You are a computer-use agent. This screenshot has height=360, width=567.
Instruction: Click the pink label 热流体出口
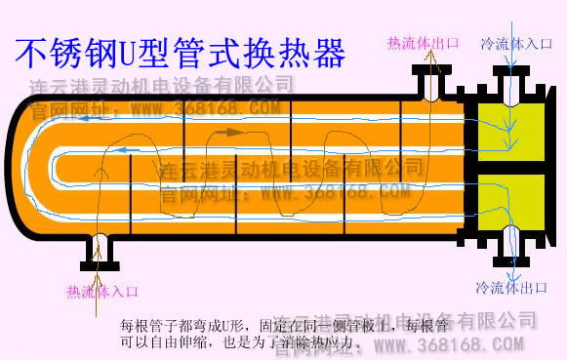423,43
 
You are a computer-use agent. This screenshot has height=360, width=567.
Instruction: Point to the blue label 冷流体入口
518,44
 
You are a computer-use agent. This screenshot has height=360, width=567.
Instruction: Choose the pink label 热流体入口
101,291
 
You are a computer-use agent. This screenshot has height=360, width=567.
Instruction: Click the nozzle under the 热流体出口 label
429,82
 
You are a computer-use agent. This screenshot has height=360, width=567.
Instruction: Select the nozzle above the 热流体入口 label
100,252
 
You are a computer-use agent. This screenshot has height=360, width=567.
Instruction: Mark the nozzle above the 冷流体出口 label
511,243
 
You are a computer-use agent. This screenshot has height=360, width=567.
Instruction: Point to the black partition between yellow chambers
514,165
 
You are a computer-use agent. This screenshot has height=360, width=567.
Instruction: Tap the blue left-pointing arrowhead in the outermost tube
89,119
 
